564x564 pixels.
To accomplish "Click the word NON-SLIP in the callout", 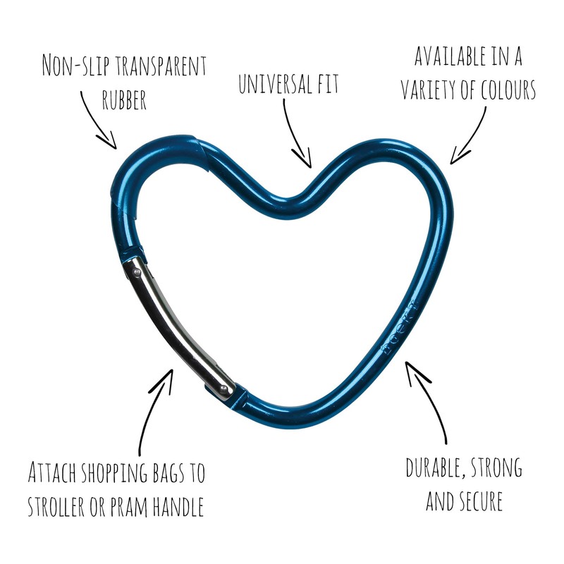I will pos(73,66).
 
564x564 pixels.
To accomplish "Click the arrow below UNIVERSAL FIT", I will pos(296,134).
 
